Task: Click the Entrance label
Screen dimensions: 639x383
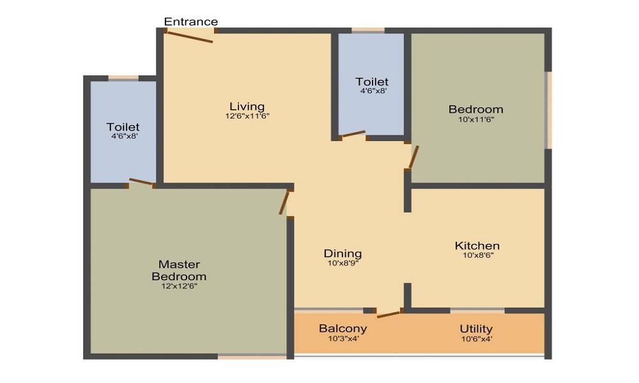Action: point(190,22)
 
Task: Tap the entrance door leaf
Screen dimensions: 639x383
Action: point(190,36)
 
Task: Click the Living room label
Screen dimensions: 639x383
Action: point(247,106)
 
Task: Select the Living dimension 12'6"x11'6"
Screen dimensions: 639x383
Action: point(247,116)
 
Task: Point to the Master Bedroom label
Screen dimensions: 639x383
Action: point(179,270)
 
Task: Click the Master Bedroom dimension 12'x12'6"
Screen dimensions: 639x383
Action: point(180,286)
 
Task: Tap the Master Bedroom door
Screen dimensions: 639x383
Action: point(284,203)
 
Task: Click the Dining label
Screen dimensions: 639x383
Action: point(343,253)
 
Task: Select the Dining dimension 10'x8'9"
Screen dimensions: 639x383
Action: point(343,263)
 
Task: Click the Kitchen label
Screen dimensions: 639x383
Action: point(477,246)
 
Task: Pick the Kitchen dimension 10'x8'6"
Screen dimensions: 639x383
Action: point(478,255)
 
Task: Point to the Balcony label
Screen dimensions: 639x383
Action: point(343,328)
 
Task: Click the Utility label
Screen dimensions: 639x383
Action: point(476,329)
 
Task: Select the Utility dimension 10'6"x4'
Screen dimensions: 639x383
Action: point(477,338)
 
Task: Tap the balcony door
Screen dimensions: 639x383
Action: point(389,314)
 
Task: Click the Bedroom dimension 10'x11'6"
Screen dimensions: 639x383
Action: point(476,119)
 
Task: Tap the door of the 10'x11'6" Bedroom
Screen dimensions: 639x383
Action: point(413,157)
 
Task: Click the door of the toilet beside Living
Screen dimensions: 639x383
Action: point(353,134)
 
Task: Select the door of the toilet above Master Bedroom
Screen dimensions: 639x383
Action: point(141,182)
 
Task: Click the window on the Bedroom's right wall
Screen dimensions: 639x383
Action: point(549,110)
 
